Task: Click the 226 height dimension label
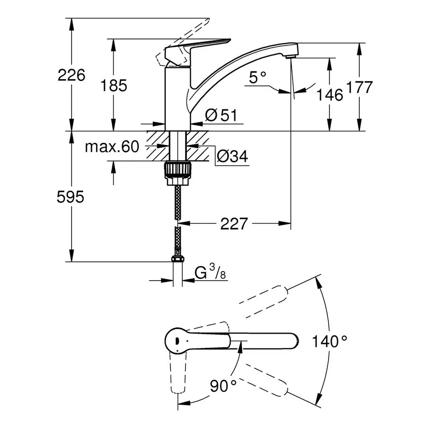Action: coord(71,75)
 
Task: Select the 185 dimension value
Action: coord(114,86)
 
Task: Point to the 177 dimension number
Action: coord(359,88)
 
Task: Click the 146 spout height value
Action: coord(330,95)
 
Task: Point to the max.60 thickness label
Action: coord(112,147)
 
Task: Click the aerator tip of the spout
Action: coord(290,56)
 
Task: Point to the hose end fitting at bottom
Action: coord(177,260)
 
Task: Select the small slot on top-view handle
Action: coord(176,340)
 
